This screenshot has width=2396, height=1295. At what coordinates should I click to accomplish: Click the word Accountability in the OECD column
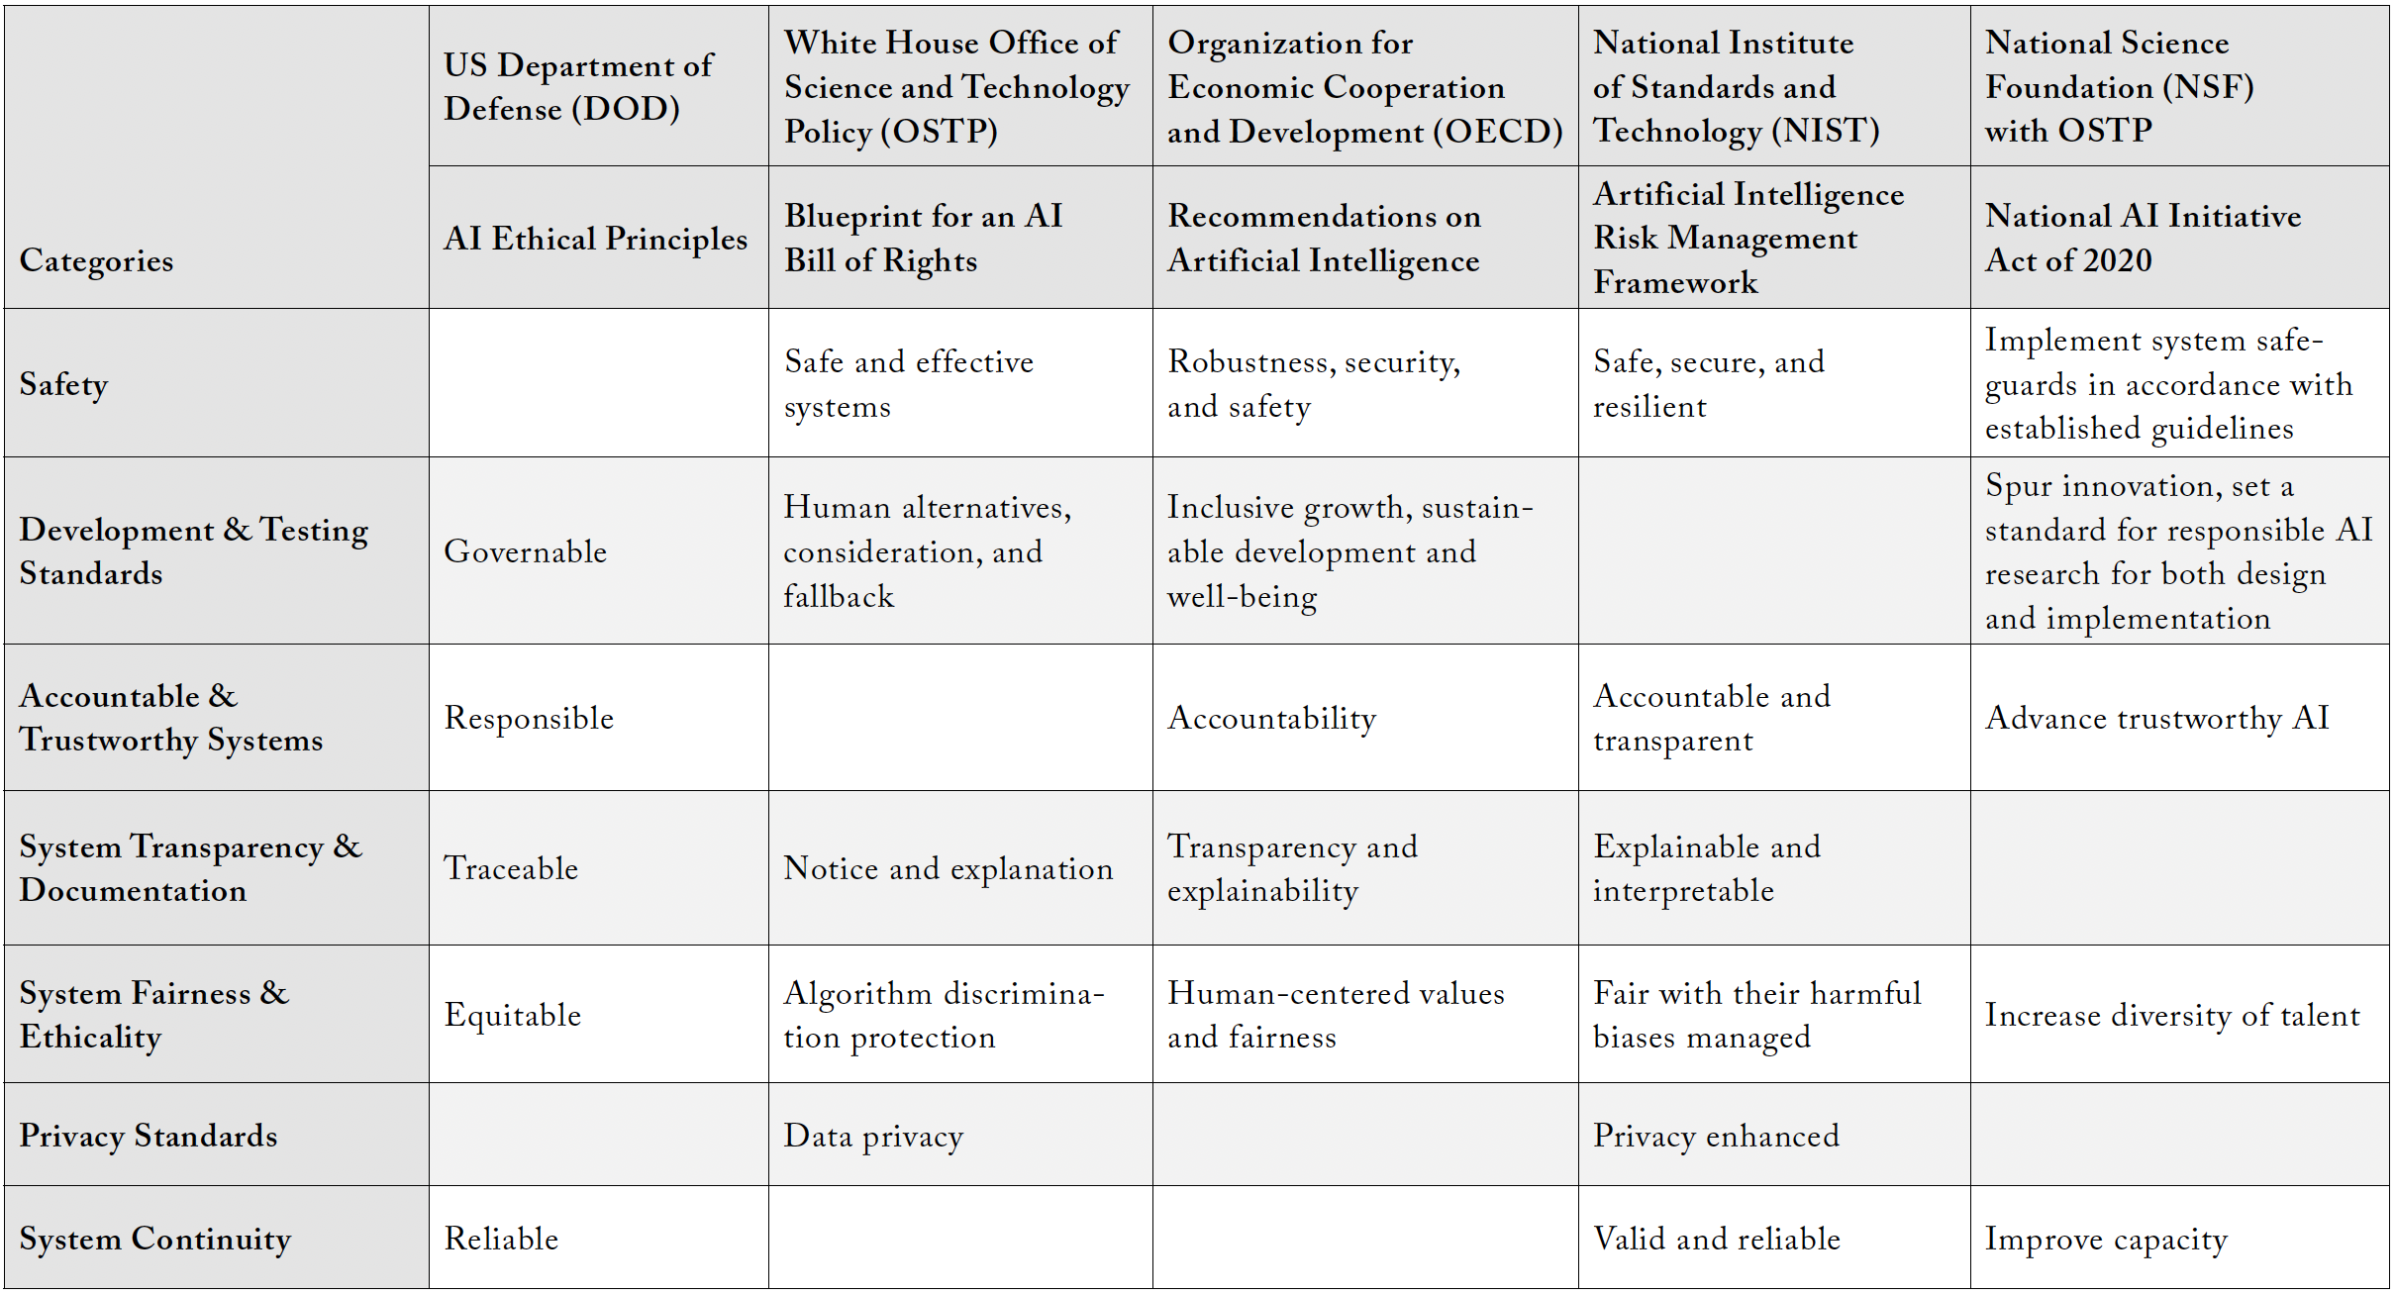click(x=1271, y=718)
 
